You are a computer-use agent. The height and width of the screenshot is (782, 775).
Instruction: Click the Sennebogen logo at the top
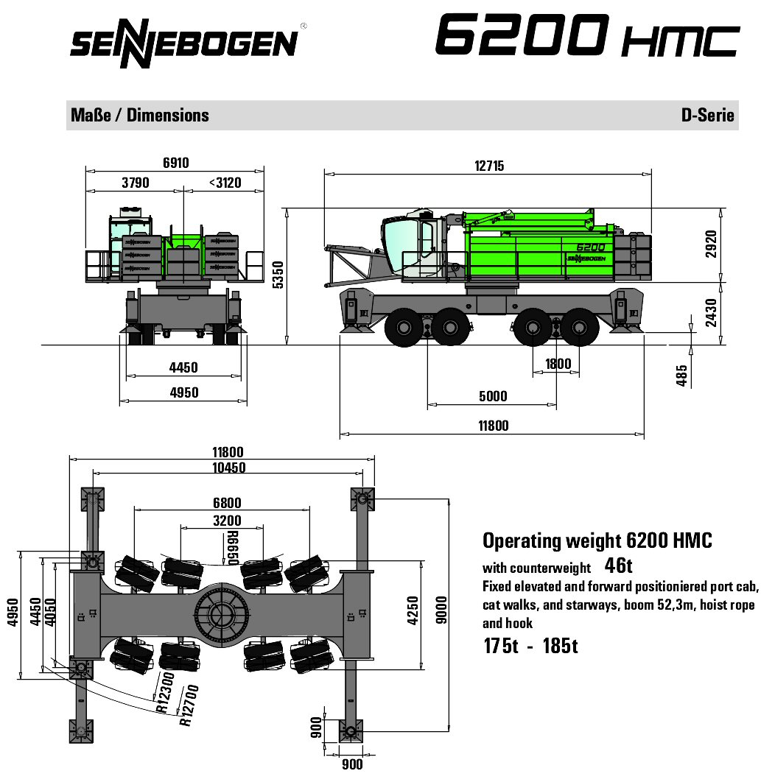185,43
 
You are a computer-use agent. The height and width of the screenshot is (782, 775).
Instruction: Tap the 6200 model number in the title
522,35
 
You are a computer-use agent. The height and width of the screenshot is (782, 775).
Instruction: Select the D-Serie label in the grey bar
708,115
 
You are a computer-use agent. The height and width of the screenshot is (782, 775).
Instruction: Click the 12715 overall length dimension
489,166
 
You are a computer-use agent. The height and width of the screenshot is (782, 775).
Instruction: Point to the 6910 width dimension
175,163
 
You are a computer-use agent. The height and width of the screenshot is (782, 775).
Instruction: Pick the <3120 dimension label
225,183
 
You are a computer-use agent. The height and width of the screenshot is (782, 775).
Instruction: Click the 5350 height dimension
278,275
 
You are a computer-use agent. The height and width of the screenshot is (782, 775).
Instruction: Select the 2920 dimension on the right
711,244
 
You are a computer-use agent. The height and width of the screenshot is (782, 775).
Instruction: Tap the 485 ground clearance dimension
681,375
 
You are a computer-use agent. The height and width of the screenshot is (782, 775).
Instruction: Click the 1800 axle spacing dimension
558,364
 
